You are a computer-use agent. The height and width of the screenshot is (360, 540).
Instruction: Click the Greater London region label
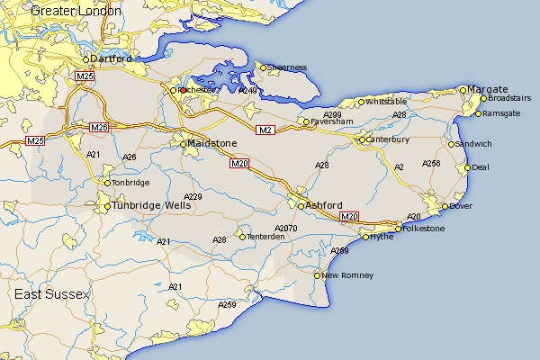(76, 11)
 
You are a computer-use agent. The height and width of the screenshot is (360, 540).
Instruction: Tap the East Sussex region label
(52, 294)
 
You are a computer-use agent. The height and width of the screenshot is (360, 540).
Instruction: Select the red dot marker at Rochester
(182, 90)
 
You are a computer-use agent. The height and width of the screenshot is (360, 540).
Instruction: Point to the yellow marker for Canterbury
(362, 139)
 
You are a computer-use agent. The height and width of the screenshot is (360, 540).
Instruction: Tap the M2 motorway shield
(265, 131)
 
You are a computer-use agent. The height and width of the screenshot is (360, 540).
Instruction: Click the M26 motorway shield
(99, 129)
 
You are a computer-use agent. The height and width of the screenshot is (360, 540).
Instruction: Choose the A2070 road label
(285, 229)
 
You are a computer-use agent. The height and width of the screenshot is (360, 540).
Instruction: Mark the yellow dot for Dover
(444, 208)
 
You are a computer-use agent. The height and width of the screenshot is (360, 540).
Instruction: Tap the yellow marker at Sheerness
(263, 67)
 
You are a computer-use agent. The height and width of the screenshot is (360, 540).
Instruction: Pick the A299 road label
(332, 115)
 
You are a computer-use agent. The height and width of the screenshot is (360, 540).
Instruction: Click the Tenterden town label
(265, 237)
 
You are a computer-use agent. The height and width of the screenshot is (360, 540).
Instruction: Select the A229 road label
(193, 196)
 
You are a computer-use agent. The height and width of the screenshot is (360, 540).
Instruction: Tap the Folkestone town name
(424, 229)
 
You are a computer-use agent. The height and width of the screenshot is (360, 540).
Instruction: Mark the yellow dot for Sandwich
(452, 144)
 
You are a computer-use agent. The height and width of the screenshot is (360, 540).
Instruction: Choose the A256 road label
(431, 163)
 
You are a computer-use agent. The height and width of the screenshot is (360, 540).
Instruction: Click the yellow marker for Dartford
(86, 59)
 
